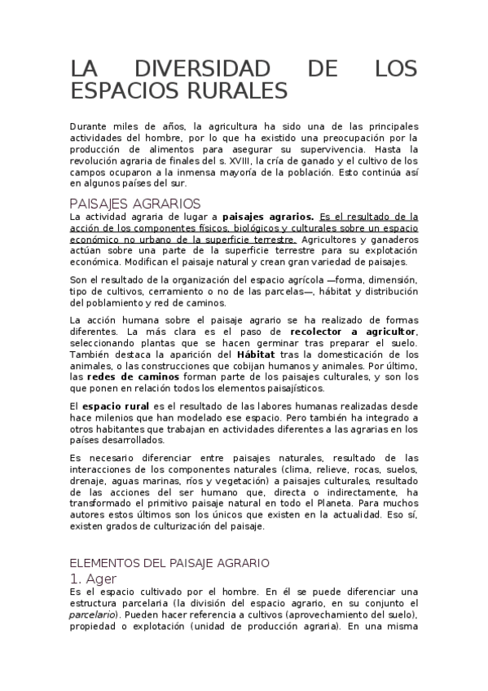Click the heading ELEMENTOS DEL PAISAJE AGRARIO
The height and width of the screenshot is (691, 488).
(x=169, y=563)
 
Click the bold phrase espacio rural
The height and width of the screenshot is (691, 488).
(x=115, y=405)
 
